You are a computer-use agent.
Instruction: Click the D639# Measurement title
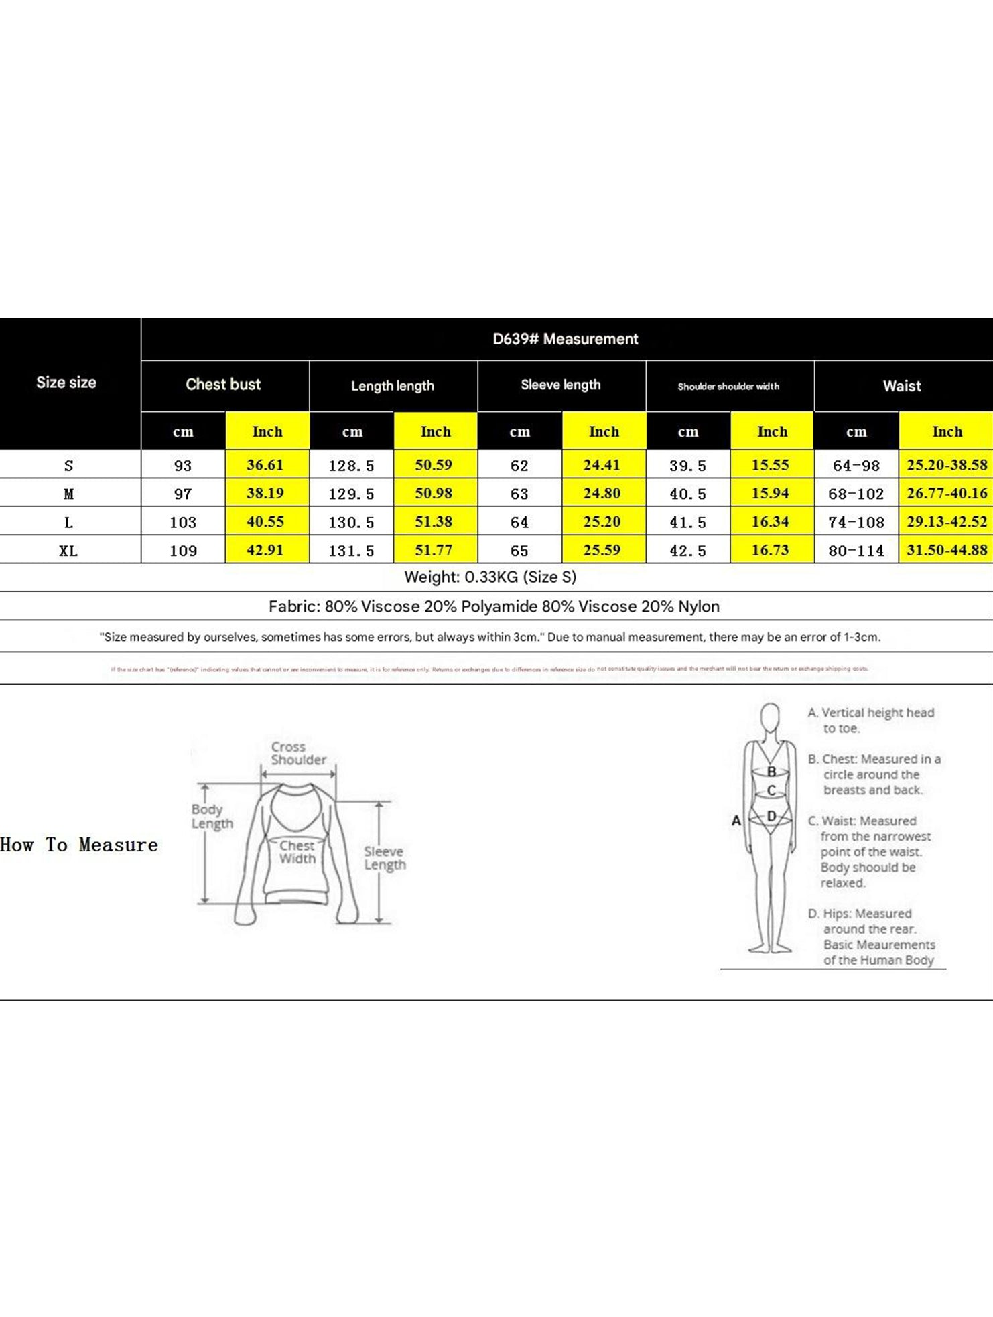(565, 339)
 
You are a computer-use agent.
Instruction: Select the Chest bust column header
(223, 385)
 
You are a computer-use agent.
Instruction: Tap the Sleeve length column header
(561, 385)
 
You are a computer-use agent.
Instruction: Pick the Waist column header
(902, 386)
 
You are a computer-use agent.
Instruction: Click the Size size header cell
(66, 383)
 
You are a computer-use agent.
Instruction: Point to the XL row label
(68, 551)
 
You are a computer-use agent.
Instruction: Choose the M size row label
(68, 494)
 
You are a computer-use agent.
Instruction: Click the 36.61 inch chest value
(265, 465)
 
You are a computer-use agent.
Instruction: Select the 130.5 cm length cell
(351, 523)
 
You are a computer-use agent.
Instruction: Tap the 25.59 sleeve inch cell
(602, 550)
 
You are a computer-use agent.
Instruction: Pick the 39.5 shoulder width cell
(687, 466)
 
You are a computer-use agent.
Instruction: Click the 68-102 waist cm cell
(856, 494)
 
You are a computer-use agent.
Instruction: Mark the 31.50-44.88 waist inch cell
(947, 550)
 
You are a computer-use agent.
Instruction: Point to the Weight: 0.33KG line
(490, 577)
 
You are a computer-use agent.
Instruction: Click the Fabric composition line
(494, 606)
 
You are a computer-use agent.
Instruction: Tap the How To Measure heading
(79, 845)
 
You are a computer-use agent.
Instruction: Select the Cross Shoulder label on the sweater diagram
(298, 753)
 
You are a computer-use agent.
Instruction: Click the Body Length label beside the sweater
(212, 816)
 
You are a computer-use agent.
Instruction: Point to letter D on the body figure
(771, 816)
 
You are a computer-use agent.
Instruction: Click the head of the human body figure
(771, 718)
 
